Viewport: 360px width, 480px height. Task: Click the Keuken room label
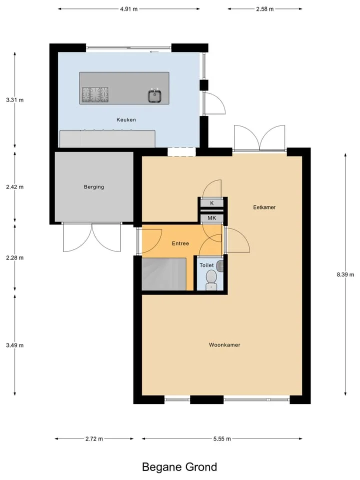tap(126, 119)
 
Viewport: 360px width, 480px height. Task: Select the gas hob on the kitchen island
tap(95, 94)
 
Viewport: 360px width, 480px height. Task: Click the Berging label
tap(94, 186)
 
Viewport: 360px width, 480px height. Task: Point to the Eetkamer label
tap(264, 207)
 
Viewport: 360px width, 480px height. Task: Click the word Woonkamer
tap(224, 344)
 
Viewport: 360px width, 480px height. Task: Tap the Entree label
tap(180, 243)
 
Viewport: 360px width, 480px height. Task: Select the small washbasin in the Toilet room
tap(220, 266)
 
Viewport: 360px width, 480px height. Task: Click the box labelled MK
tap(212, 218)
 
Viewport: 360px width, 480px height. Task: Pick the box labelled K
tap(212, 203)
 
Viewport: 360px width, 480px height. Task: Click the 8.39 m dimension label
tap(345, 274)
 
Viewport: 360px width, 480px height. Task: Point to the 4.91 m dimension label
tap(129, 9)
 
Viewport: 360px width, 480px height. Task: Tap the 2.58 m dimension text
tap(265, 9)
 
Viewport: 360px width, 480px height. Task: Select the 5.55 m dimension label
tap(222, 438)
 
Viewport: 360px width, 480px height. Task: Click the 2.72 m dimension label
tap(94, 438)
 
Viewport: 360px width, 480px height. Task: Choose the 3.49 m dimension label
tap(14, 345)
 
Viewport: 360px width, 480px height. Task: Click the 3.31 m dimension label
tap(14, 100)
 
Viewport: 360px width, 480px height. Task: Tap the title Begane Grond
tap(179, 467)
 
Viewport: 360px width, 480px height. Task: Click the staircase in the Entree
tap(164, 274)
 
